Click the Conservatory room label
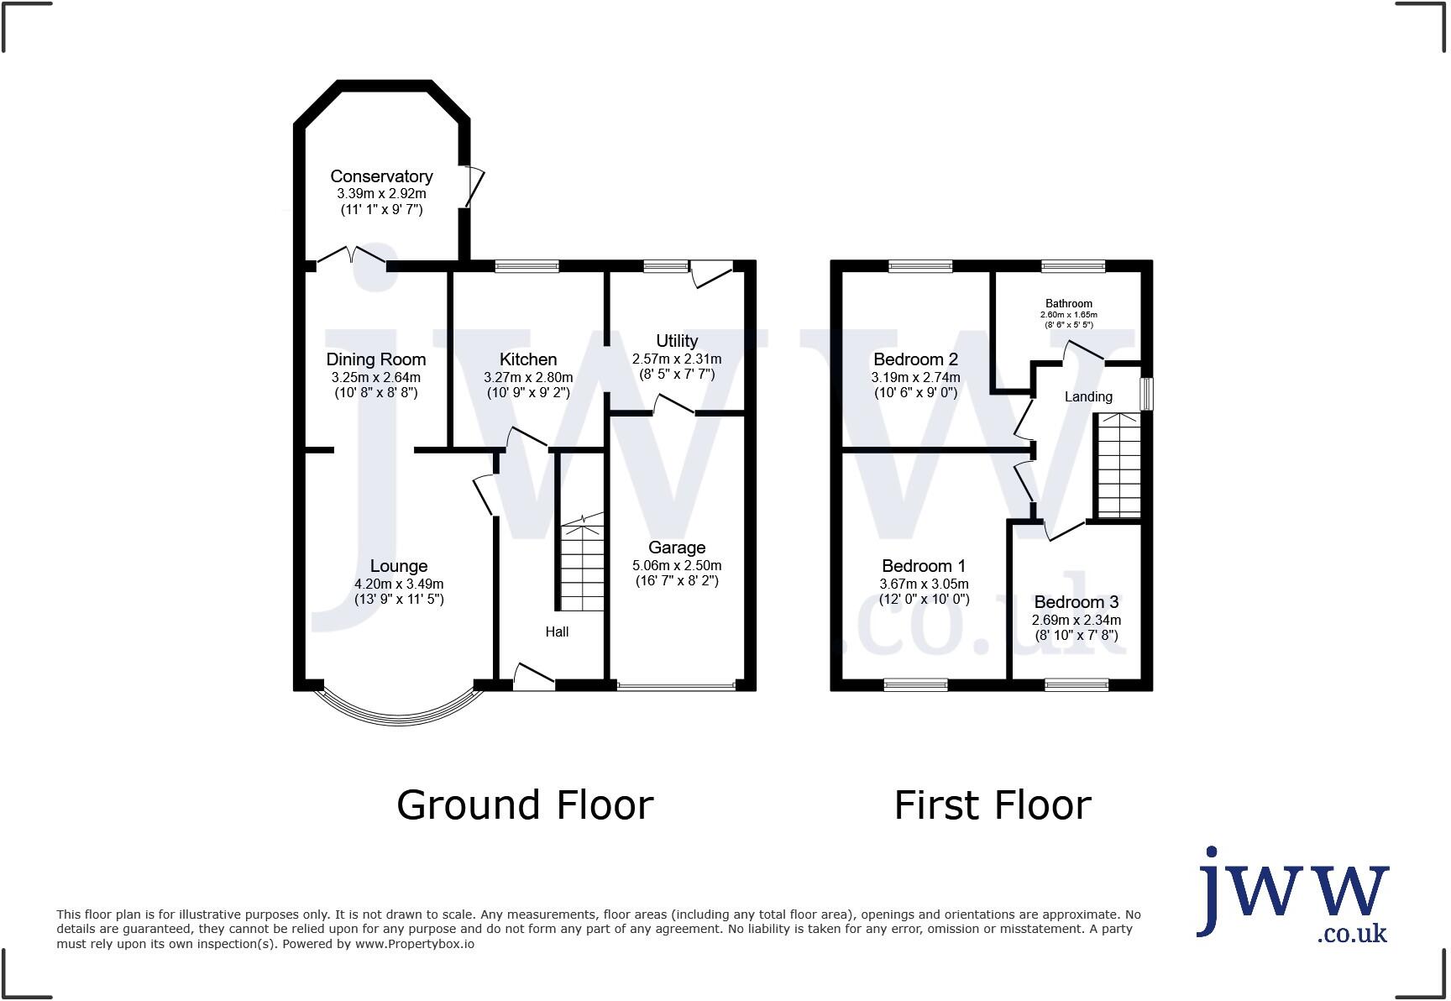tap(381, 176)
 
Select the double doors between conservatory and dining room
tap(352, 256)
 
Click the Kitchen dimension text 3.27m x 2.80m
tap(528, 378)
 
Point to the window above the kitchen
tap(526, 266)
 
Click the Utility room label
tap(677, 341)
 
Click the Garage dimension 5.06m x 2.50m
tap(677, 565)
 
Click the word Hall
tap(557, 632)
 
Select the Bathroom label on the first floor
tap(1068, 304)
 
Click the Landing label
tap(1088, 396)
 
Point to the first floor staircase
tap(1119, 466)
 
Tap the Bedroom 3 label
tap(1076, 602)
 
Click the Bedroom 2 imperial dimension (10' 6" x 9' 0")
tap(915, 392)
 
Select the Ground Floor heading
tap(525, 804)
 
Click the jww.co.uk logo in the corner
tap(1292, 895)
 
